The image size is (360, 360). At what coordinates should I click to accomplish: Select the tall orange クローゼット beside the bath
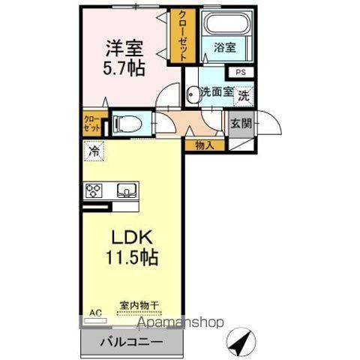(180, 34)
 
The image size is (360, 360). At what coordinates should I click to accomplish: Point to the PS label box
(240, 73)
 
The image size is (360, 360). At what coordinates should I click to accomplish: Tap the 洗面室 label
(216, 93)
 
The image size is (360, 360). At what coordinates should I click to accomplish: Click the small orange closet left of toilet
(91, 124)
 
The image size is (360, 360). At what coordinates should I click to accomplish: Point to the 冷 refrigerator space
(94, 151)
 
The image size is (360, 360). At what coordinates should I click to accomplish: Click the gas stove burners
(94, 190)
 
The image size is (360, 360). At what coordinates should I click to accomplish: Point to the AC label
(95, 310)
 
